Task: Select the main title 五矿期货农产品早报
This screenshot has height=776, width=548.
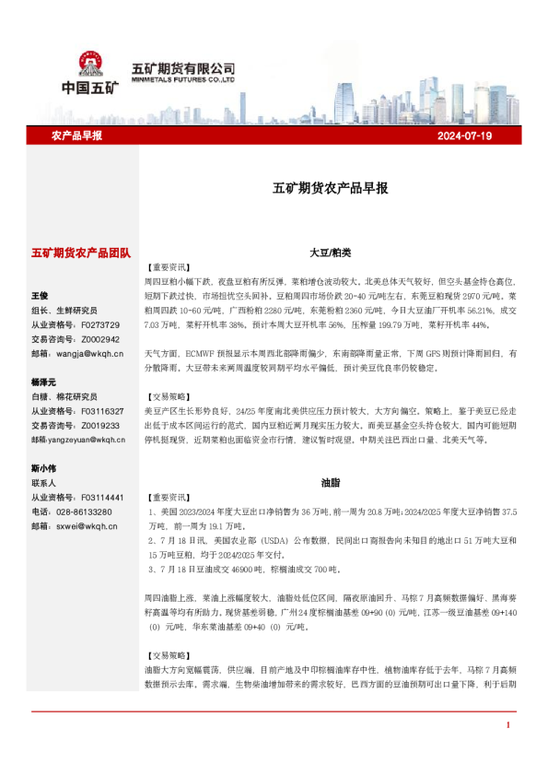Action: click(x=331, y=188)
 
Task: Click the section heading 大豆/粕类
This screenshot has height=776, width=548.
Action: click(x=331, y=252)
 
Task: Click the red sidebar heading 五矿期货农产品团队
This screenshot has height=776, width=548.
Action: click(x=81, y=252)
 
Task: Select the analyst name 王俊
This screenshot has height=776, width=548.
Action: click(x=40, y=296)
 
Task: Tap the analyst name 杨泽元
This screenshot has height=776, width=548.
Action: click(x=43, y=382)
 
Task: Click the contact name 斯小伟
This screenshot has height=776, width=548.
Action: click(x=43, y=468)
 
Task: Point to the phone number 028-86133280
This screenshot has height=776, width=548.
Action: click(x=85, y=511)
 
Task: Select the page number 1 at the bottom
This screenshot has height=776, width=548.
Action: click(x=507, y=726)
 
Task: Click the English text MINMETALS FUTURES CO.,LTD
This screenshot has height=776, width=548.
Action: click(x=184, y=80)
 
